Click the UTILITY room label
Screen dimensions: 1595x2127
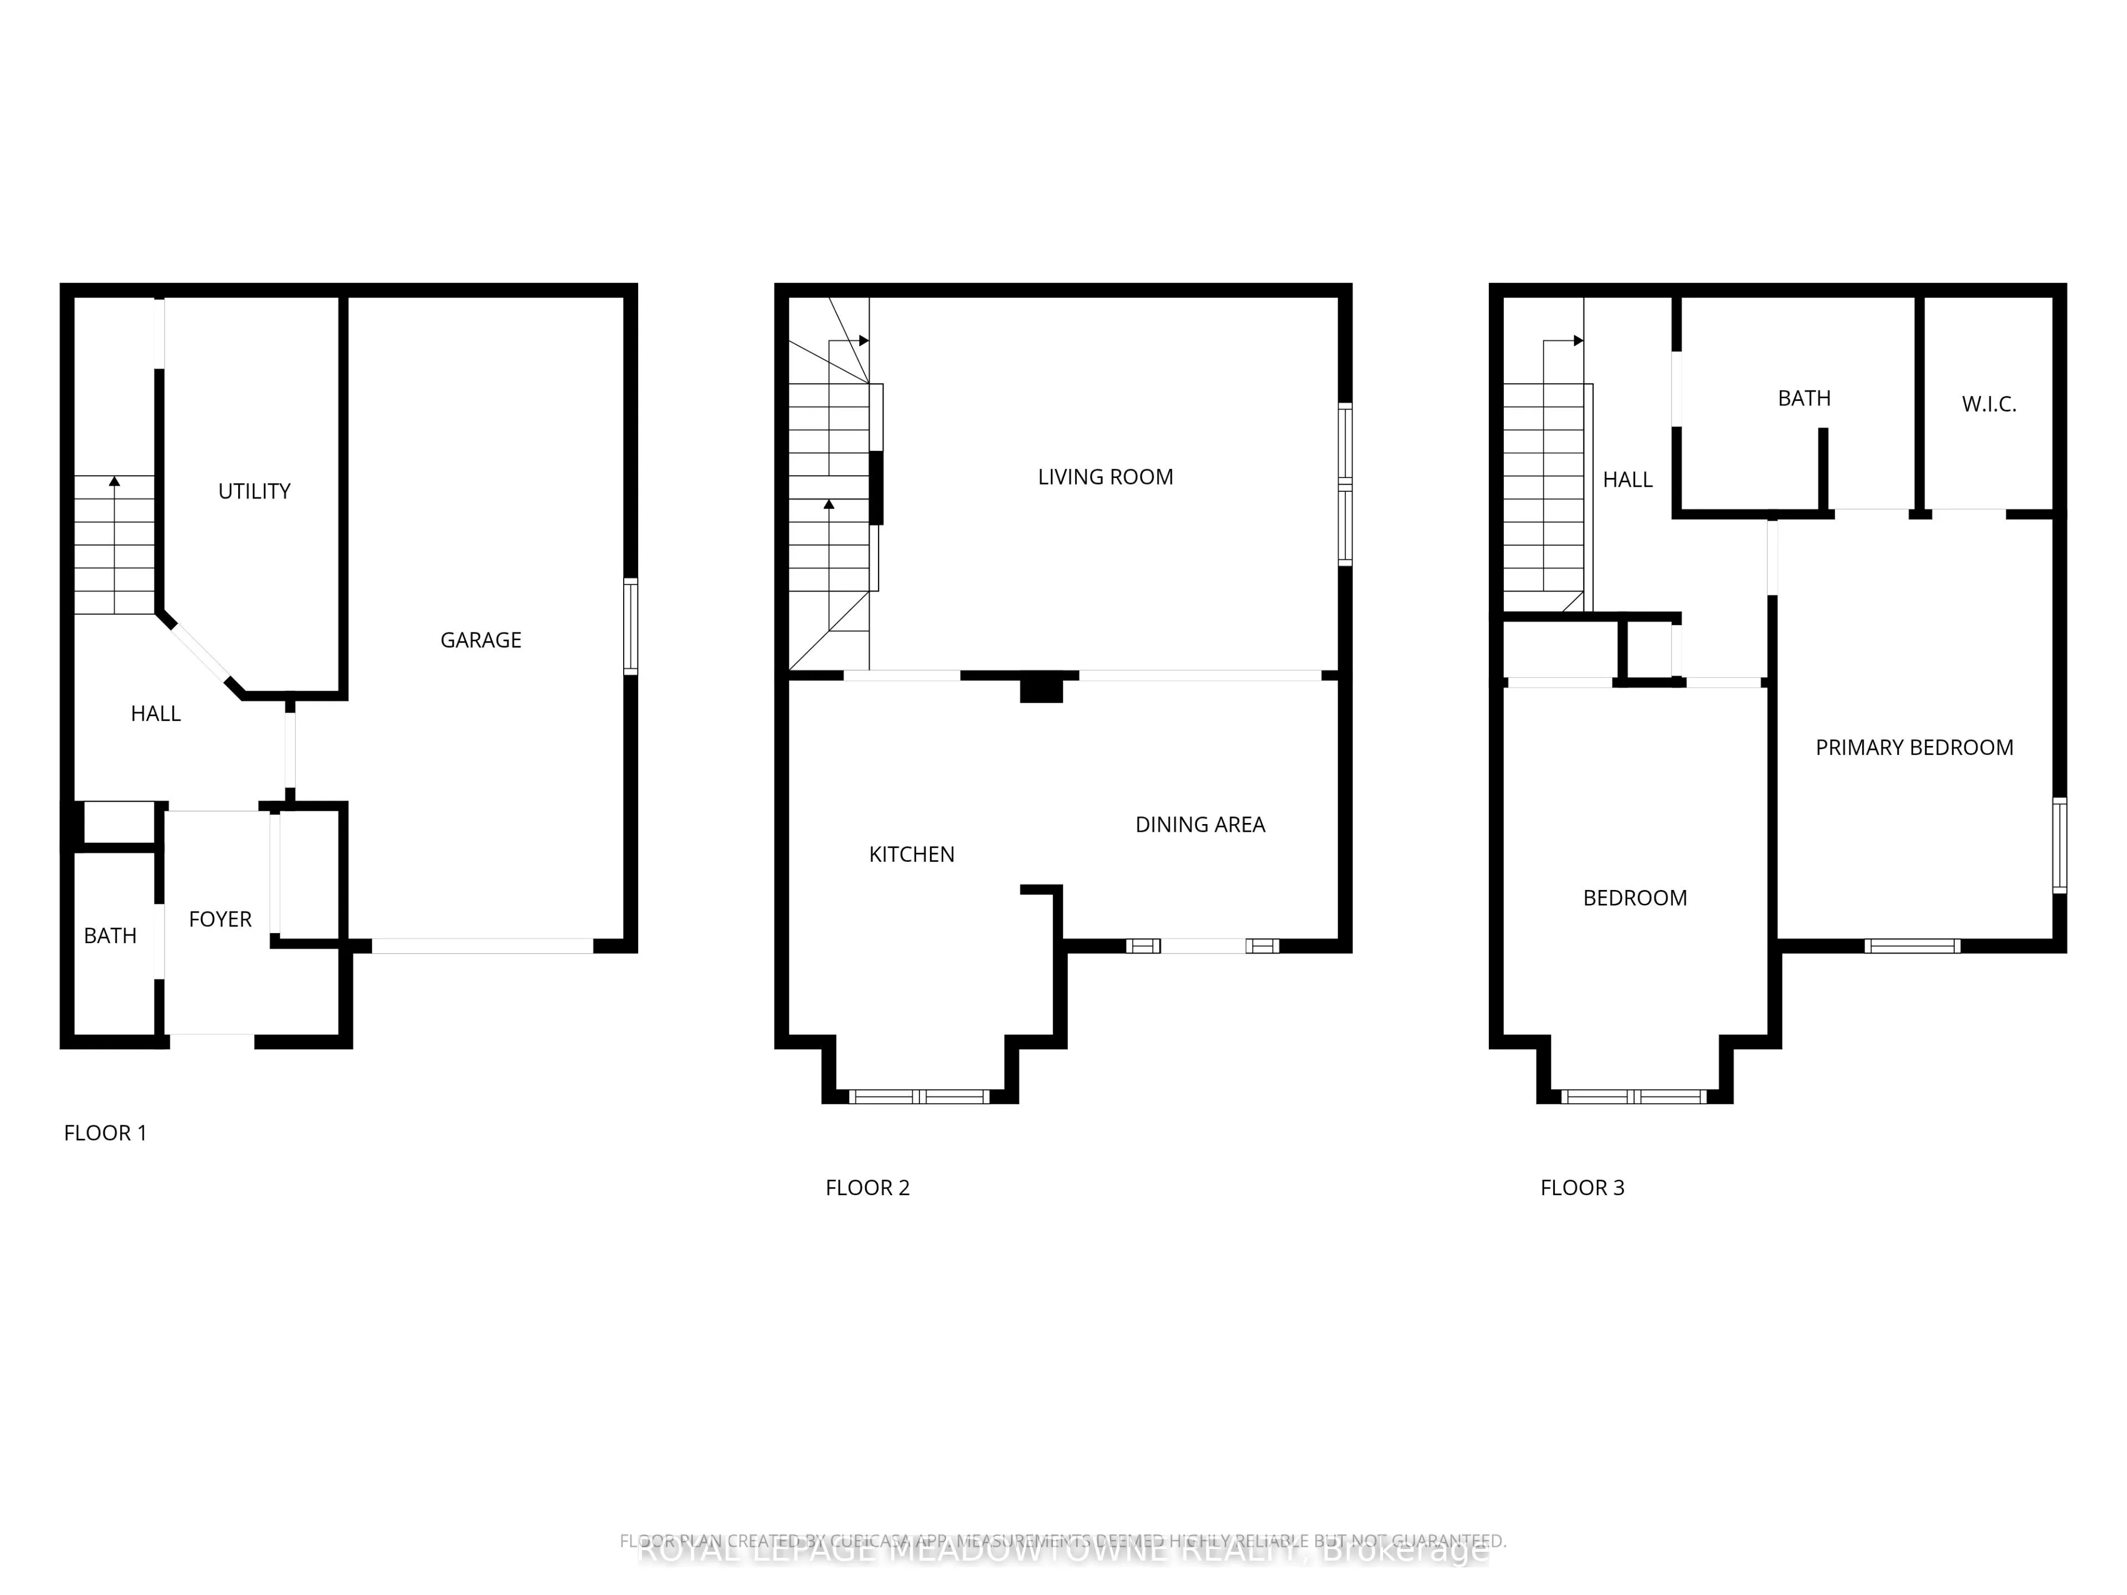[x=254, y=491]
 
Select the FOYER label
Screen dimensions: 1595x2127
[x=220, y=919]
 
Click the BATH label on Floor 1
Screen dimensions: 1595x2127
[x=110, y=935]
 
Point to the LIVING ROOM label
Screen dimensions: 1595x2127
[x=1105, y=477]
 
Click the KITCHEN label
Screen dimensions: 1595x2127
[x=911, y=855]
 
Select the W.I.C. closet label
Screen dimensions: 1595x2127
[x=1989, y=404]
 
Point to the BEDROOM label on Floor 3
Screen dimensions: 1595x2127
[x=1635, y=898]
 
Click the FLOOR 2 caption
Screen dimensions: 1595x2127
[x=866, y=1187]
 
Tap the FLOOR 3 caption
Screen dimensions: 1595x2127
[x=1582, y=1187]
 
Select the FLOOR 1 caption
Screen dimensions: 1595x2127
[x=105, y=1133]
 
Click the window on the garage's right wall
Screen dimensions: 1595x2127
[x=631, y=626]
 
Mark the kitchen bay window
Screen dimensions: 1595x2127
[x=919, y=1096]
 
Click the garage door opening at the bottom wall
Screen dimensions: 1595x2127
[x=482, y=946]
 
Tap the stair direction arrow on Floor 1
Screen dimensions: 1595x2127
[x=115, y=481]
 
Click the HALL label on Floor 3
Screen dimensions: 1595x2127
[x=1627, y=480]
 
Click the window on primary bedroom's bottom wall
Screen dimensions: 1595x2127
[x=1912, y=946]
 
